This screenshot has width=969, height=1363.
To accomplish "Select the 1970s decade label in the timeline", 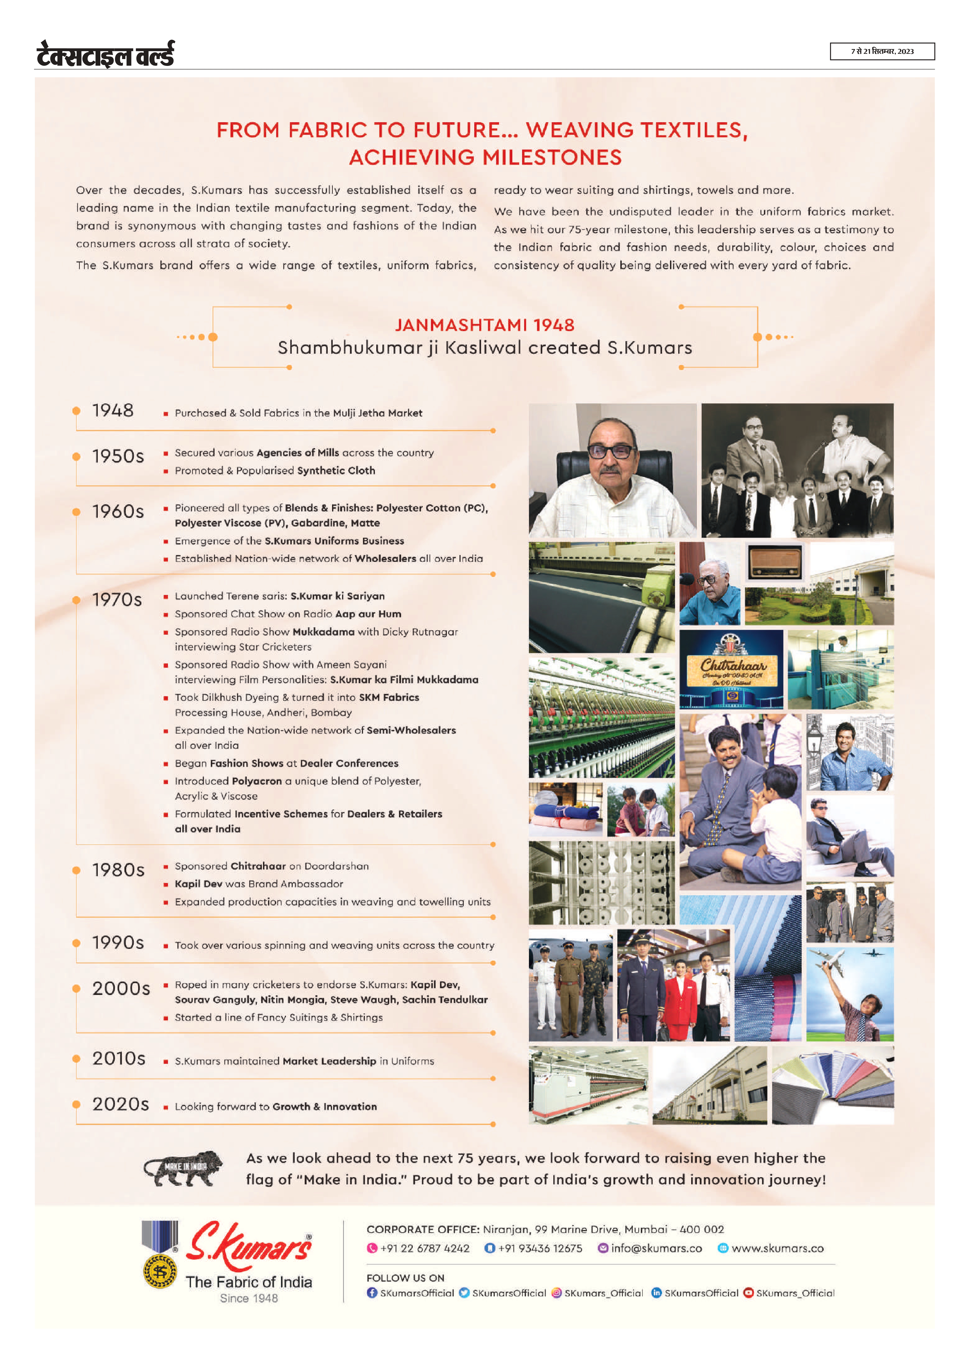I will [117, 600].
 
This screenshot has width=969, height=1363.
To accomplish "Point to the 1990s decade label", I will [118, 942].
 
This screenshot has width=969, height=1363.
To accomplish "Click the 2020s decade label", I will [120, 1104].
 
